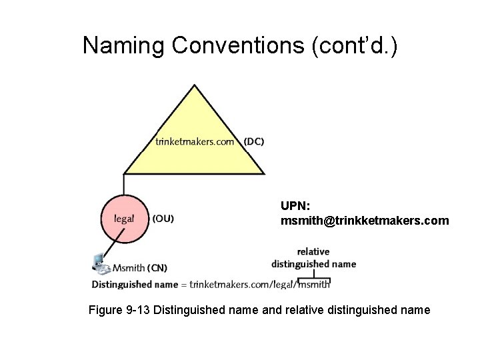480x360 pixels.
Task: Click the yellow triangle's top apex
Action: coord(194,86)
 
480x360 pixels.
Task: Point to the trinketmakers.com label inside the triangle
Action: coord(195,141)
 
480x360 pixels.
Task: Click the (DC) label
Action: coord(254,141)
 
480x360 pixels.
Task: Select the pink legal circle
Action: coord(124,218)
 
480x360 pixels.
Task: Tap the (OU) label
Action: coord(163,218)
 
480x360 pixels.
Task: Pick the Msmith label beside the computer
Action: coord(129,268)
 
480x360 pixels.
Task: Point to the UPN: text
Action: coord(295,205)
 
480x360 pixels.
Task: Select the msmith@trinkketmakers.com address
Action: coord(365,220)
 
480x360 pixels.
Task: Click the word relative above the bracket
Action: coord(313,251)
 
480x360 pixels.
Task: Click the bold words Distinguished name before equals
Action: coord(135,285)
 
